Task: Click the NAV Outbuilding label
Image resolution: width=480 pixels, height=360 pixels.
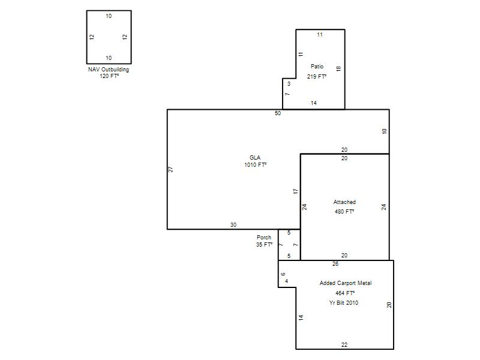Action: click(109, 70)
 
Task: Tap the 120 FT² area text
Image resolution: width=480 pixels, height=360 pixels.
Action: click(109, 76)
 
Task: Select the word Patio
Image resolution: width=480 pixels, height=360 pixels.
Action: click(317, 66)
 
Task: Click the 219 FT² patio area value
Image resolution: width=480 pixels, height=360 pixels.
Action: click(317, 77)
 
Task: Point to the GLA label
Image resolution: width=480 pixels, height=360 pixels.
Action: click(255, 157)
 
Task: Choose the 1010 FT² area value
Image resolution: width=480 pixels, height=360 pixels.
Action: click(256, 164)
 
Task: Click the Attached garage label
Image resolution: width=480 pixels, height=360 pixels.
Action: click(344, 202)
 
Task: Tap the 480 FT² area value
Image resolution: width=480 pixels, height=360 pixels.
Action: click(344, 212)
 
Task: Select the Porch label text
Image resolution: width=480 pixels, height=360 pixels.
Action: click(264, 237)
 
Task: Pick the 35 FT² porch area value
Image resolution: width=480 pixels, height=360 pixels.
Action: click(264, 245)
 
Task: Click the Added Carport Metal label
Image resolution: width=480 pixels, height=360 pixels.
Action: click(346, 283)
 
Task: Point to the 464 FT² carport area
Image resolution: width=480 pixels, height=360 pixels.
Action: click(345, 293)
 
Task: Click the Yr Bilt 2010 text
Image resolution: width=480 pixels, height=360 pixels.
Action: click(344, 303)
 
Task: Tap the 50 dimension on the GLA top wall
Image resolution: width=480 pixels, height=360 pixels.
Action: click(278, 113)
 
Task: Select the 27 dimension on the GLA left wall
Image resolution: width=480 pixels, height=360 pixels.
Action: click(171, 169)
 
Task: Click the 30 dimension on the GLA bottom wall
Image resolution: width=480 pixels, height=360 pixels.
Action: click(233, 224)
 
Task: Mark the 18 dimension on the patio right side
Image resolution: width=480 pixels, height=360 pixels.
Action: click(338, 68)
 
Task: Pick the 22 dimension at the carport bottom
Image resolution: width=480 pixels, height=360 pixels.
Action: click(344, 344)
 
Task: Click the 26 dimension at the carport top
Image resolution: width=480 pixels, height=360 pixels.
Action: click(335, 264)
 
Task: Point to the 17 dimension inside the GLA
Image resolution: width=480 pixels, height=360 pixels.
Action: click(295, 191)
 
